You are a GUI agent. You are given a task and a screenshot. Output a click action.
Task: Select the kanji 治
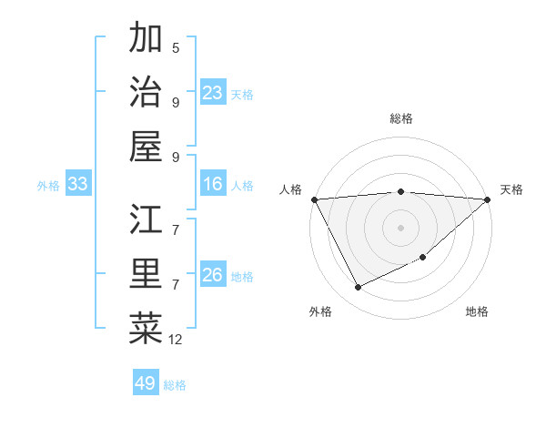pyautogui.click(x=146, y=93)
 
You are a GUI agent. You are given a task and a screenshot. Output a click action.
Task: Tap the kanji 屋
pyautogui.click(x=146, y=147)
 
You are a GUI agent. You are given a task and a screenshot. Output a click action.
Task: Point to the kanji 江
pyautogui.click(x=146, y=219)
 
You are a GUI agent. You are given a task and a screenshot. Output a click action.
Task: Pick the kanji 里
pyautogui.click(x=146, y=274)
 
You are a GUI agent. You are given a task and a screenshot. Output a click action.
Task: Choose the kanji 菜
pyautogui.click(x=146, y=329)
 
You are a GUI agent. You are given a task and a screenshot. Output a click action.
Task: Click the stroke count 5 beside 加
pyautogui.click(x=176, y=47)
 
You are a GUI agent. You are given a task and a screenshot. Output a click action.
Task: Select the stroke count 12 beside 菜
pyautogui.click(x=176, y=340)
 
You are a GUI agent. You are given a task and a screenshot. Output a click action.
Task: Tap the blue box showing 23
pyautogui.click(x=213, y=93)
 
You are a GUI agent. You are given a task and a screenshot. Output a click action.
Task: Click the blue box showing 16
pyautogui.click(x=213, y=185)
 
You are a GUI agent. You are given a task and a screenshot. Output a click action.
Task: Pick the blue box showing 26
pyautogui.click(x=213, y=275)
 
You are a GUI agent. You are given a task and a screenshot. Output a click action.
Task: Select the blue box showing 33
pyautogui.click(x=77, y=185)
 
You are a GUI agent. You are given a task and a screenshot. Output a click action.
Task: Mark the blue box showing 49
pyautogui.click(x=146, y=383)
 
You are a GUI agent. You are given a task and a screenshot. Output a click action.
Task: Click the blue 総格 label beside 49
pyautogui.click(x=175, y=385)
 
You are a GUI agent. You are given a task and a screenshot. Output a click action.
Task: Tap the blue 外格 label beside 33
pyautogui.click(x=48, y=186)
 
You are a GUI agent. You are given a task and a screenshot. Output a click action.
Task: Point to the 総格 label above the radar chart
pyautogui.click(x=401, y=118)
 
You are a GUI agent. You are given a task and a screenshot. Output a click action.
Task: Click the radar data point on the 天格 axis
pyautogui.click(x=488, y=199)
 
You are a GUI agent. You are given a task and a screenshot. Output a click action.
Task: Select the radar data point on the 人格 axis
pyautogui.click(x=314, y=199)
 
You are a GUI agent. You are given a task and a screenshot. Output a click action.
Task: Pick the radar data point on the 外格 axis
pyautogui.click(x=358, y=288)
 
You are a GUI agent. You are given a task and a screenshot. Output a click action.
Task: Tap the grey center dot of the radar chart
pyautogui.click(x=401, y=228)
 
